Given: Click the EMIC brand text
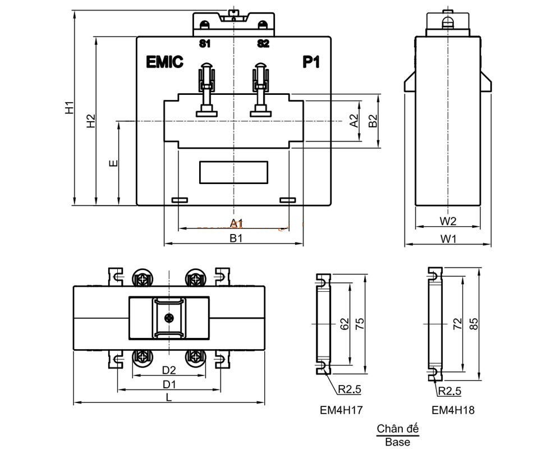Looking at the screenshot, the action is [164, 62].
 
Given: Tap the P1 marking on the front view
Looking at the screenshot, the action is [311, 62].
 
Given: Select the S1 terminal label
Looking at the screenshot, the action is [205, 44].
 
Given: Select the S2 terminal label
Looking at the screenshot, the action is [263, 44].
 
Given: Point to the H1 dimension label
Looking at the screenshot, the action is [70, 107].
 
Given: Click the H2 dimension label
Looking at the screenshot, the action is [91, 121].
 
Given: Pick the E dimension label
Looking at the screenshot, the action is [113, 163].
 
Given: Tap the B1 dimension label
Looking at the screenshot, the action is [236, 238].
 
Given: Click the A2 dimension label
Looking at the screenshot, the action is [354, 121].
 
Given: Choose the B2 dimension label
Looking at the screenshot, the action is [373, 121].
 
